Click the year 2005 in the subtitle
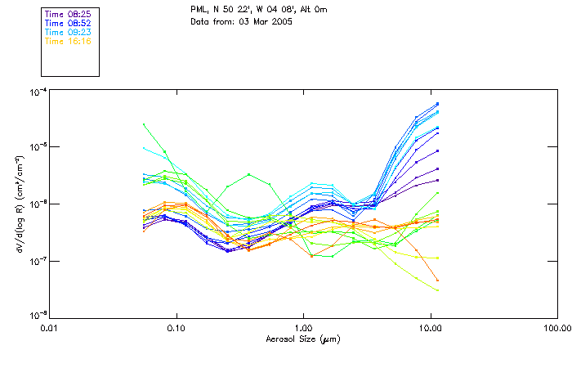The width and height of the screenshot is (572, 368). coord(281,21)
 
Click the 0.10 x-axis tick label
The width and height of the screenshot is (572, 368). coord(177,328)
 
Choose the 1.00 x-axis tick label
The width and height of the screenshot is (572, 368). coord(303,328)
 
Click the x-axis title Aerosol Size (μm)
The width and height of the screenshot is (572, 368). coord(303,339)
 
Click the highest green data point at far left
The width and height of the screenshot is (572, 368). coord(144,124)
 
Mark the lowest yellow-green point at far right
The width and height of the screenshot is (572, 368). coord(438,290)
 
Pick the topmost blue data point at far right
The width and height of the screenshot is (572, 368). coord(438,104)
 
